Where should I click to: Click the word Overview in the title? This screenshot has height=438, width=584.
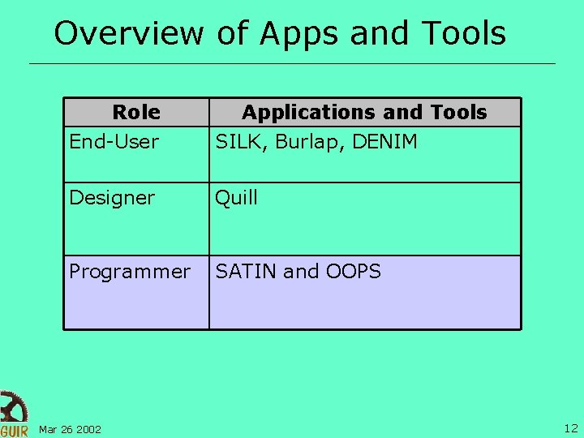click(x=129, y=34)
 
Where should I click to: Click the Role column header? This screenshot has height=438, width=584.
click(x=136, y=112)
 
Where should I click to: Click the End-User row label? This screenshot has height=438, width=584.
click(x=114, y=142)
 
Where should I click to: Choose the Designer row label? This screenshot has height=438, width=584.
click(x=111, y=198)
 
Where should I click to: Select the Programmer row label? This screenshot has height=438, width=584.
click(x=130, y=272)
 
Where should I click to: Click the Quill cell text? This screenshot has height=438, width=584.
click(x=236, y=198)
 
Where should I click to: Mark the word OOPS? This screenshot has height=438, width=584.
click(x=354, y=272)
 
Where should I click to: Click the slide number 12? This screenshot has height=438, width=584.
click(x=570, y=428)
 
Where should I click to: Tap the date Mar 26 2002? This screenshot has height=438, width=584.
click(x=70, y=429)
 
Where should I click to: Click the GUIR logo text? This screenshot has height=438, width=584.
click(x=14, y=430)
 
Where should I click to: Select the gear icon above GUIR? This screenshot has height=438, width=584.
click(x=12, y=406)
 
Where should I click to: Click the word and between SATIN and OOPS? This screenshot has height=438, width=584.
click(x=301, y=272)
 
